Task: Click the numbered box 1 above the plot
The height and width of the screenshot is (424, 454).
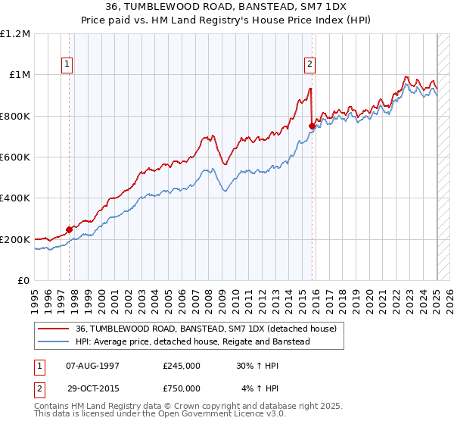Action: point(68,64)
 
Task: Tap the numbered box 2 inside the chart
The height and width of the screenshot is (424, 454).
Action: point(310,64)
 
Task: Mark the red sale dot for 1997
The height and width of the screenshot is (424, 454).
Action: point(69,229)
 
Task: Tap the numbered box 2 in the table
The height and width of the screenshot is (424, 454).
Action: point(39,388)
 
